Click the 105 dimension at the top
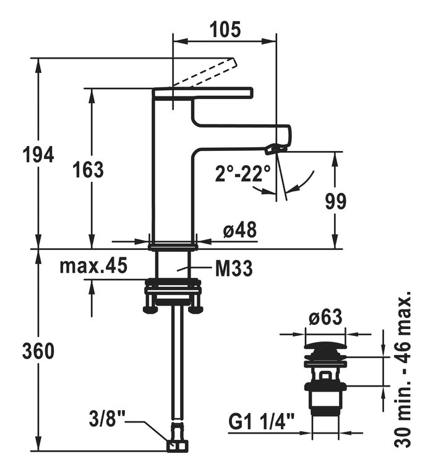pos(225,28)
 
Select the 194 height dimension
pos(37,155)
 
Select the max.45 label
pos(93,266)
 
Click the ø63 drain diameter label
pos(325,318)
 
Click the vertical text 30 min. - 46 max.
pos(403,369)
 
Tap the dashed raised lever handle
pos(204,73)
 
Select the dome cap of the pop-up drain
pos(324,346)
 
